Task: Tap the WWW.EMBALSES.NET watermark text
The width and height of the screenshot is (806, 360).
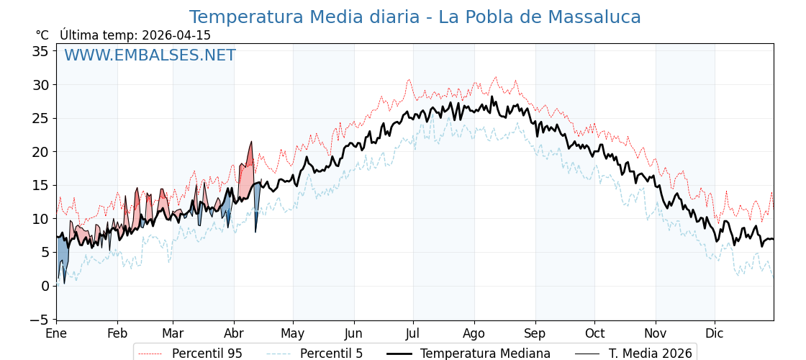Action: click(150, 55)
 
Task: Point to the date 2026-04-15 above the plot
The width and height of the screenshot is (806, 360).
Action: click(176, 35)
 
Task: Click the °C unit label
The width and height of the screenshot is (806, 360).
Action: click(42, 35)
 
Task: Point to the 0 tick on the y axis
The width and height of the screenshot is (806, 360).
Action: click(45, 286)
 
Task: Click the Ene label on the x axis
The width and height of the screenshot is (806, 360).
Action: click(56, 333)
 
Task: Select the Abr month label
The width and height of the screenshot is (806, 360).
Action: click(234, 333)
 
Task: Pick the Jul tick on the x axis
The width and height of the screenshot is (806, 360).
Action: click(413, 333)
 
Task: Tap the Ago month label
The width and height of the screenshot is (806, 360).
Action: click(474, 333)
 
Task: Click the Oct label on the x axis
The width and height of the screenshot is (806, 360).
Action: click(594, 333)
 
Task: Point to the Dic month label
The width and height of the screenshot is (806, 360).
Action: click(715, 333)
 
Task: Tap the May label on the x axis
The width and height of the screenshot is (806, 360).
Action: click(293, 333)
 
